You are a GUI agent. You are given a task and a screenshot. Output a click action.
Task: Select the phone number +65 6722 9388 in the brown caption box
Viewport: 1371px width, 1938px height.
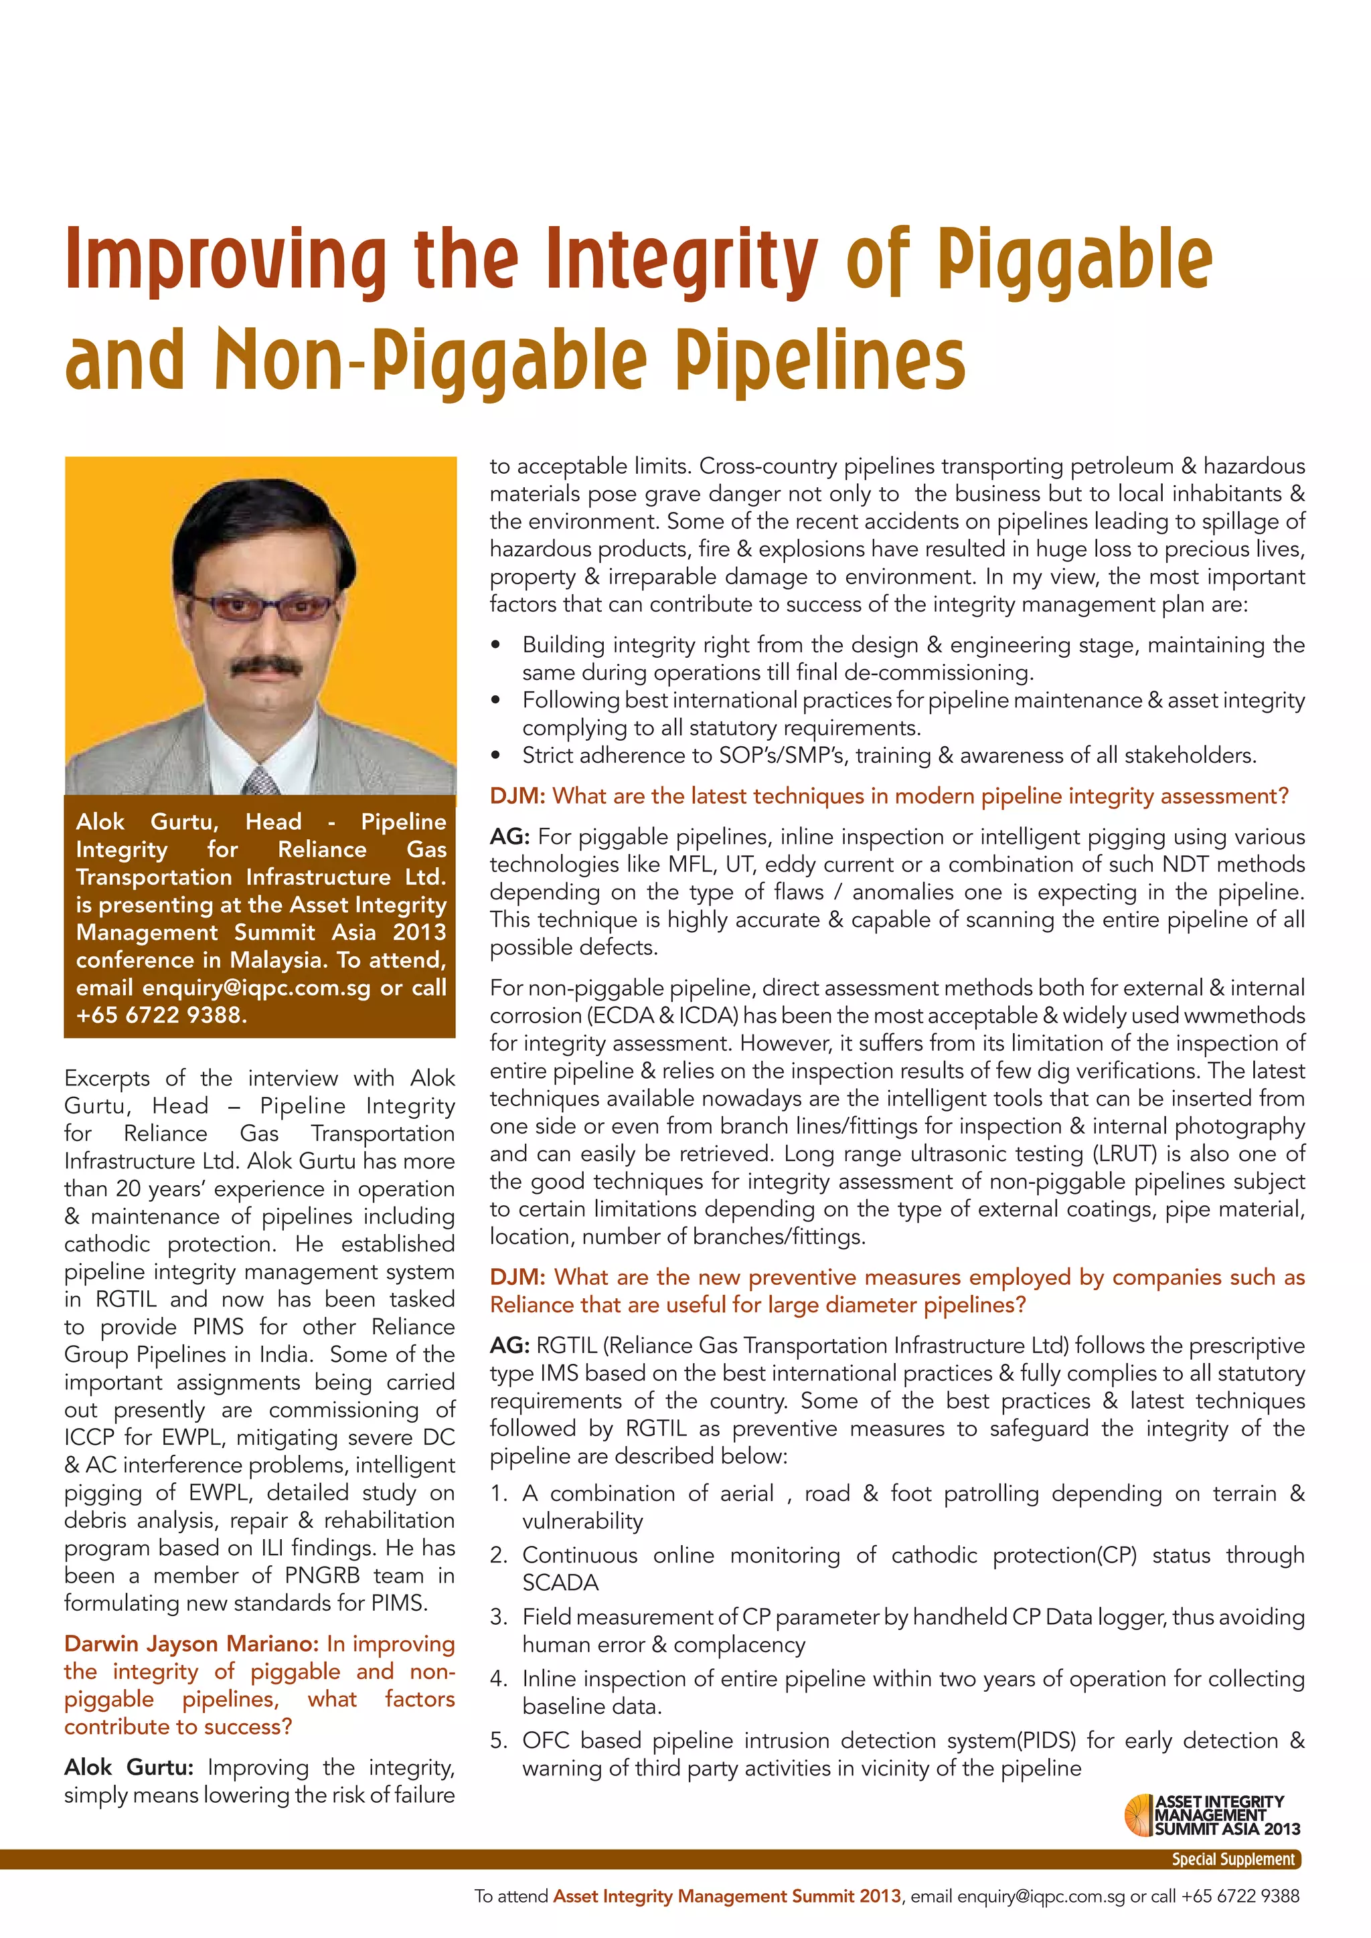coord(161,1015)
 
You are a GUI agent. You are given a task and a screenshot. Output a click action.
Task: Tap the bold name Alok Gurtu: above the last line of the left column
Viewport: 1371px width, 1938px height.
coord(129,1767)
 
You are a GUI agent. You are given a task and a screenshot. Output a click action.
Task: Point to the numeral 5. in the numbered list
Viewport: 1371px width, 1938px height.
coord(499,1741)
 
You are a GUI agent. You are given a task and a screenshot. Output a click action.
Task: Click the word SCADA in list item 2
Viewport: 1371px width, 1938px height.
coord(560,1583)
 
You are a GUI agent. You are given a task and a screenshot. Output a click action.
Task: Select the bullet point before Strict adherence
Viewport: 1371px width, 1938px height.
coord(497,756)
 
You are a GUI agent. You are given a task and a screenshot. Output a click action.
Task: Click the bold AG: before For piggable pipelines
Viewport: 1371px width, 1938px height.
coord(510,837)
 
